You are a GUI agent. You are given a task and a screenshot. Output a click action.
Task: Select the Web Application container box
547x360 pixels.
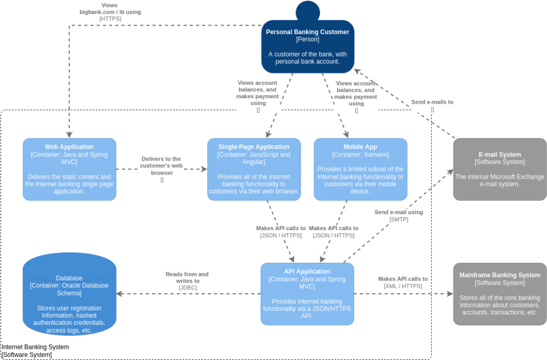click(x=69, y=169)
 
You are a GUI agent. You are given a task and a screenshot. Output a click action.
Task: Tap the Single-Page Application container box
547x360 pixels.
click(x=254, y=169)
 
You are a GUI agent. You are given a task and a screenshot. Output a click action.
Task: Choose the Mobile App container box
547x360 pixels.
click(x=360, y=169)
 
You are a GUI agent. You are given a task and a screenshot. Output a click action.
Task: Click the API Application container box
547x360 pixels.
click(x=307, y=294)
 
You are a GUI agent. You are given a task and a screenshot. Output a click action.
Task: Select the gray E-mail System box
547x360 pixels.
click(x=499, y=169)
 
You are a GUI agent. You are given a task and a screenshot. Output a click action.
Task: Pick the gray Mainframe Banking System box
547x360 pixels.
click(x=499, y=294)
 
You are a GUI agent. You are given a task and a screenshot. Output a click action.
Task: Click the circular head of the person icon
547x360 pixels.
click(x=308, y=11)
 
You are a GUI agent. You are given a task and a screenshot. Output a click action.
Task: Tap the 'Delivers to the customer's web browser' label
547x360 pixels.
click(x=161, y=166)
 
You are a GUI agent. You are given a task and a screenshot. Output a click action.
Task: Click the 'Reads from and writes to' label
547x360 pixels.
click(x=187, y=277)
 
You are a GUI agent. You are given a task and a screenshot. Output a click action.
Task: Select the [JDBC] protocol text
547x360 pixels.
click(x=187, y=287)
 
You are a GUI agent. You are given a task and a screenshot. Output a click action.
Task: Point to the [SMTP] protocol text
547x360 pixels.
click(x=398, y=219)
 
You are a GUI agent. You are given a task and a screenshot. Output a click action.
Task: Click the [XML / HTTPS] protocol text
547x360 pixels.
click(x=403, y=286)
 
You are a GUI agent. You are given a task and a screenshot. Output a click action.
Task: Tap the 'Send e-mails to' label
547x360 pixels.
click(x=432, y=102)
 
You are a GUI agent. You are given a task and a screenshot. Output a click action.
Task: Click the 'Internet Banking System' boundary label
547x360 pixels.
click(x=35, y=347)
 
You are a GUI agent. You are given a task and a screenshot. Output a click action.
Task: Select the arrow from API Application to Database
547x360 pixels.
click(x=187, y=294)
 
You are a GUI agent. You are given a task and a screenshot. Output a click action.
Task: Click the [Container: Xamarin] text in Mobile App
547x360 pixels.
click(x=360, y=154)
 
